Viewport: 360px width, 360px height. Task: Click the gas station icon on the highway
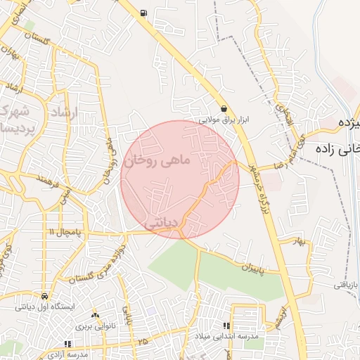click(x=144, y=13)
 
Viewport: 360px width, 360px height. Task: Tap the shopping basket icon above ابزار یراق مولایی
click(x=224, y=109)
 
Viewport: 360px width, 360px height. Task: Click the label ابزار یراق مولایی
click(x=224, y=120)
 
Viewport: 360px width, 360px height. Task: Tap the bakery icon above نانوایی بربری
click(x=95, y=315)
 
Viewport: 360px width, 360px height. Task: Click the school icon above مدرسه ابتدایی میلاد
click(x=226, y=326)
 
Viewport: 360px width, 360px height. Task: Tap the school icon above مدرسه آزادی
click(x=67, y=343)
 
